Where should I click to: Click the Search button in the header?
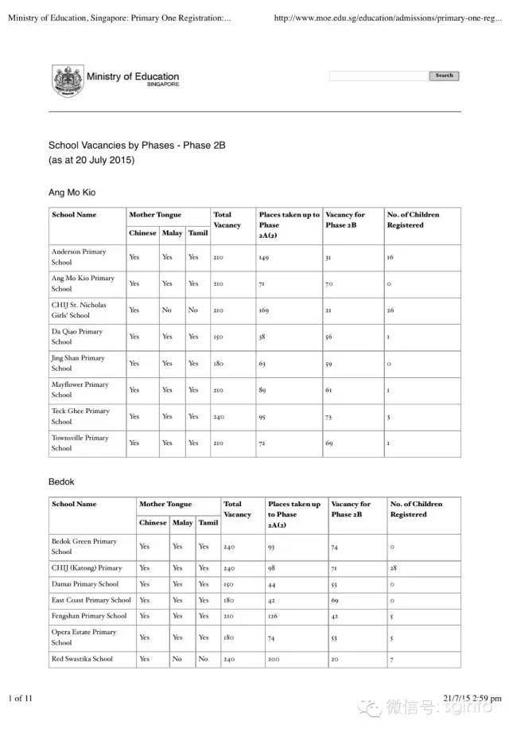444,76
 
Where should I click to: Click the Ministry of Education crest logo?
67,81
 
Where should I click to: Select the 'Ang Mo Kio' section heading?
72,193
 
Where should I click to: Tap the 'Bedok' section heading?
61,482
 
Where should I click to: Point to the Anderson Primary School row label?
78,257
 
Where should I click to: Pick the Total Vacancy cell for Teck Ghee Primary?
219,417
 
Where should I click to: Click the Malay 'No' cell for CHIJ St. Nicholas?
167,310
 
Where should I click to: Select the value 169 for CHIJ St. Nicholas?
265,310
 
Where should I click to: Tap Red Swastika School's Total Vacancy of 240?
229,660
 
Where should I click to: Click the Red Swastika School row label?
82,659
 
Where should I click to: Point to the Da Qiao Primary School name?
77,337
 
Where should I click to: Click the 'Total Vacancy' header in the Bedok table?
237,509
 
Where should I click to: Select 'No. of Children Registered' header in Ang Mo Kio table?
412,220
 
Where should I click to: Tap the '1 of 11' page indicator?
21,699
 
